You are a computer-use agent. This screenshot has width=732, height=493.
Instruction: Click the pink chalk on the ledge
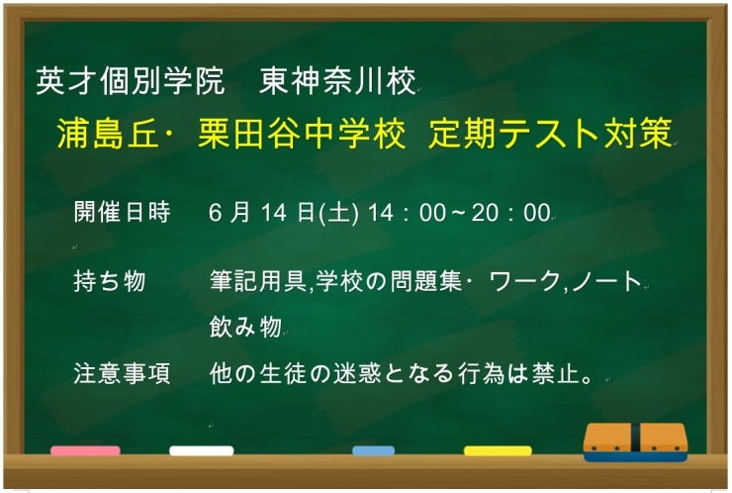click(85, 450)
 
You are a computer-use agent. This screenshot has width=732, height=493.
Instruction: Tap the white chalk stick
click(202, 450)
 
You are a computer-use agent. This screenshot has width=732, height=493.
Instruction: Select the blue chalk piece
click(374, 450)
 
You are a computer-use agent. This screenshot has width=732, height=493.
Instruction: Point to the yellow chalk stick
click(498, 450)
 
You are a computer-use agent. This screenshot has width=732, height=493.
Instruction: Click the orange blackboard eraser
click(635, 443)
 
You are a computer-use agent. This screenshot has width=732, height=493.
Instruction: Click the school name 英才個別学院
click(131, 81)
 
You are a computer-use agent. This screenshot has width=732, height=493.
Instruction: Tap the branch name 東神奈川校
click(337, 81)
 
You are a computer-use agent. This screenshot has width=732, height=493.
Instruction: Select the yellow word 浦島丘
click(108, 134)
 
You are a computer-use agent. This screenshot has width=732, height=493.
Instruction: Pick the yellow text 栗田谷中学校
click(302, 134)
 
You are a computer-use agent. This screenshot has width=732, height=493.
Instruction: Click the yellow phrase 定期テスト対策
click(551, 134)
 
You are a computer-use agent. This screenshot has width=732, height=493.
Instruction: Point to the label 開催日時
click(123, 212)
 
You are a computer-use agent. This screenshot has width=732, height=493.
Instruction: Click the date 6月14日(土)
click(284, 213)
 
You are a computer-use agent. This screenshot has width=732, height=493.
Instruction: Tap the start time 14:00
click(408, 213)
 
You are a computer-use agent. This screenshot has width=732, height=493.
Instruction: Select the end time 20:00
click(511, 213)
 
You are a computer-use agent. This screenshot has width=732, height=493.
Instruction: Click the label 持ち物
click(110, 281)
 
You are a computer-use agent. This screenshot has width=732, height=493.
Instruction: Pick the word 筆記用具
click(258, 281)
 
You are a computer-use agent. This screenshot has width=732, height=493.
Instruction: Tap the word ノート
click(606, 281)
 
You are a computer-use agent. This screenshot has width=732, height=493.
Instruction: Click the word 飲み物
click(245, 326)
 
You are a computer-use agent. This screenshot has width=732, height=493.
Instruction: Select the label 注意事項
click(123, 373)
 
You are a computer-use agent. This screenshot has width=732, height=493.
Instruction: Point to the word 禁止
click(557, 373)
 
